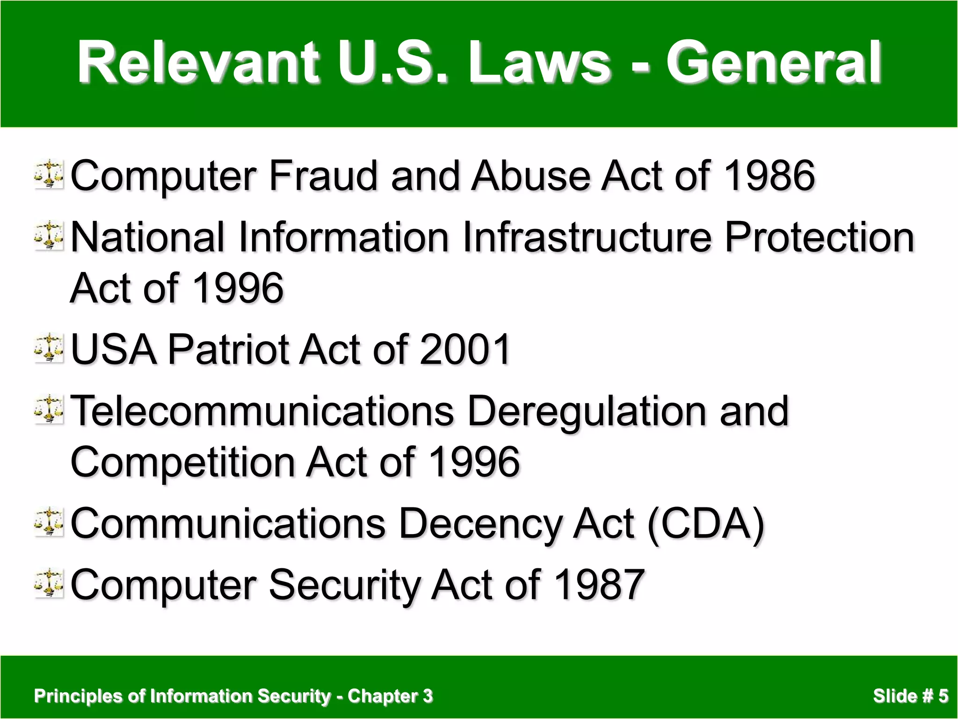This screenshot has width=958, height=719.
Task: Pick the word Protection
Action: coord(819,237)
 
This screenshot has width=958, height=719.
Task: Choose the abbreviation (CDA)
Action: coord(706,524)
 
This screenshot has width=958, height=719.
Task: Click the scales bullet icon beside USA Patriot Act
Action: coord(49,348)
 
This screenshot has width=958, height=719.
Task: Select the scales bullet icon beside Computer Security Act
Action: coord(49,583)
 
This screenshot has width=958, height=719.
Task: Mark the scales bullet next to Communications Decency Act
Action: coord(49,522)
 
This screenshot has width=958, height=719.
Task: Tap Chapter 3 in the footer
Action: coord(390,696)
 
